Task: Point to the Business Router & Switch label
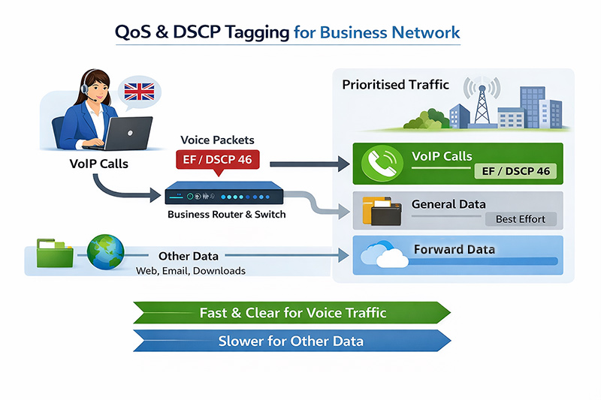coord(225,215)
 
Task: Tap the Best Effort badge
coord(521,219)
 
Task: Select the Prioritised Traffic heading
coord(395,85)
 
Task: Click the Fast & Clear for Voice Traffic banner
coord(292,312)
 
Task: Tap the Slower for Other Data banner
coord(291,341)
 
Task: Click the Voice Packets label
coord(217,140)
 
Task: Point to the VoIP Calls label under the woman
coord(98,163)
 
